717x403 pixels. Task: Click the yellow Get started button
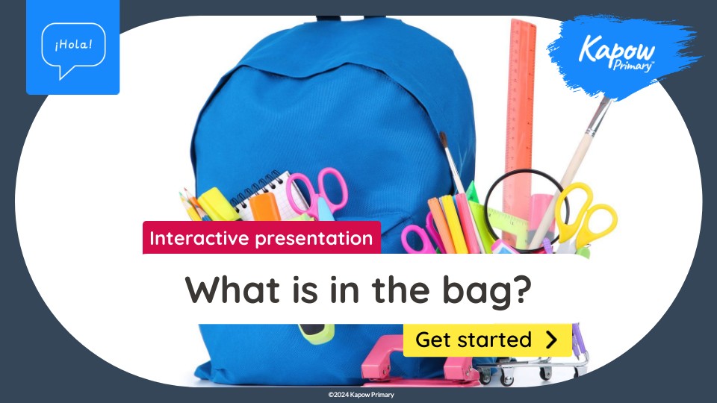(488, 340)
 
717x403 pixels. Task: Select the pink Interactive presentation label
(261, 237)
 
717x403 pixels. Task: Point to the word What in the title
(232, 290)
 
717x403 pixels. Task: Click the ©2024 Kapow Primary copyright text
(361, 394)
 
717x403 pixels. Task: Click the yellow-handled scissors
(586, 217)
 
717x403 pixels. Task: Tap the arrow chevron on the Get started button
(552, 340)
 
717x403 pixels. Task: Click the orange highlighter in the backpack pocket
(264, 207)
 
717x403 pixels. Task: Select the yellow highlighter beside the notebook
(217, 204)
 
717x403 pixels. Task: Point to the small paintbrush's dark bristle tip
(443, 140)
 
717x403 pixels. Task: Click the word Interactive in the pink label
(199, 238)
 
